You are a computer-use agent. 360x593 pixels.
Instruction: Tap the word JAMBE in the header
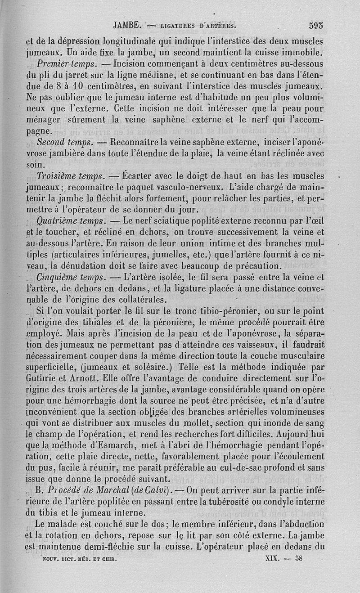(128, 26)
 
